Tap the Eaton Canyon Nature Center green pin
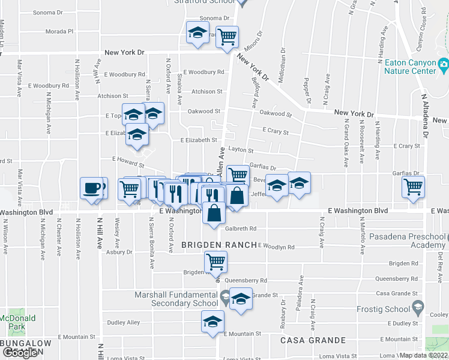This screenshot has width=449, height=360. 444,63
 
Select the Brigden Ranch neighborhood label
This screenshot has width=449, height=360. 219,245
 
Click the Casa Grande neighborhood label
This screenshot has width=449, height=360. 312,340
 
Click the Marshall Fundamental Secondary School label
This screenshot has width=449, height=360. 176,299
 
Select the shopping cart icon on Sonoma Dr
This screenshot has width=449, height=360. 227,37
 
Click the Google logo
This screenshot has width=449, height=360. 20,353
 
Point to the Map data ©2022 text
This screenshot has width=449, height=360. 423,355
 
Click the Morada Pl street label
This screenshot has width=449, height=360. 58,31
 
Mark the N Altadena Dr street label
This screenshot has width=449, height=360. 424,115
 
